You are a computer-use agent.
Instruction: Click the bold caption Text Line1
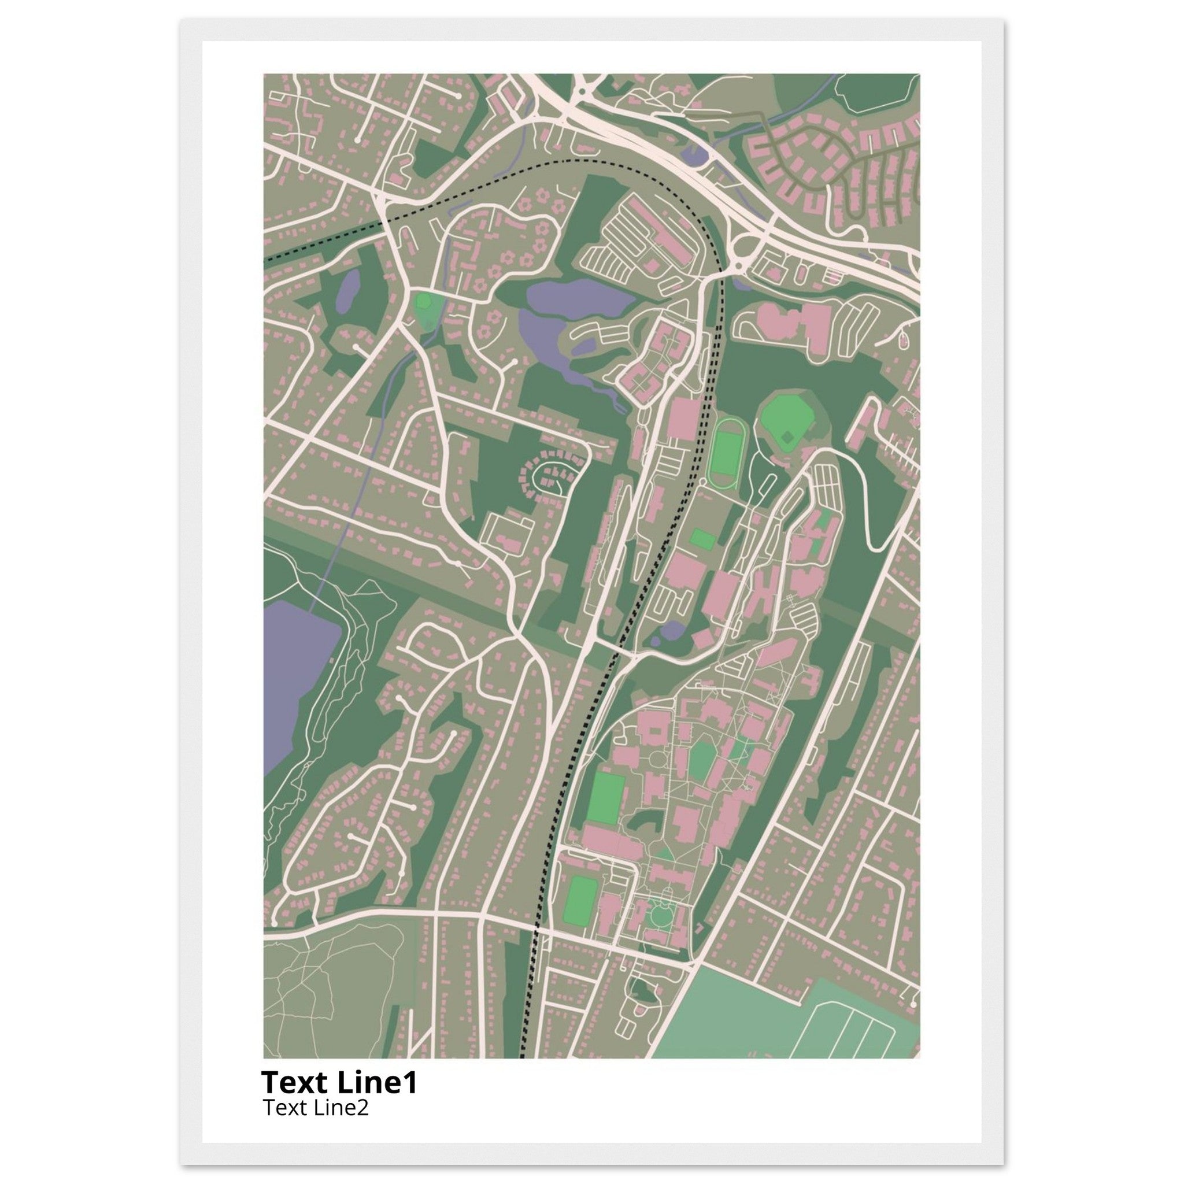(x=339, y=1083)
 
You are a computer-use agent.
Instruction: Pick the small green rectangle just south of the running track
(x=702, y=539)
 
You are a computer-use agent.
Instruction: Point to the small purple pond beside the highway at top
(x=694, y=154)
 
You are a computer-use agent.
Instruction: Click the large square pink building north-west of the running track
(x=683, y=419)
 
